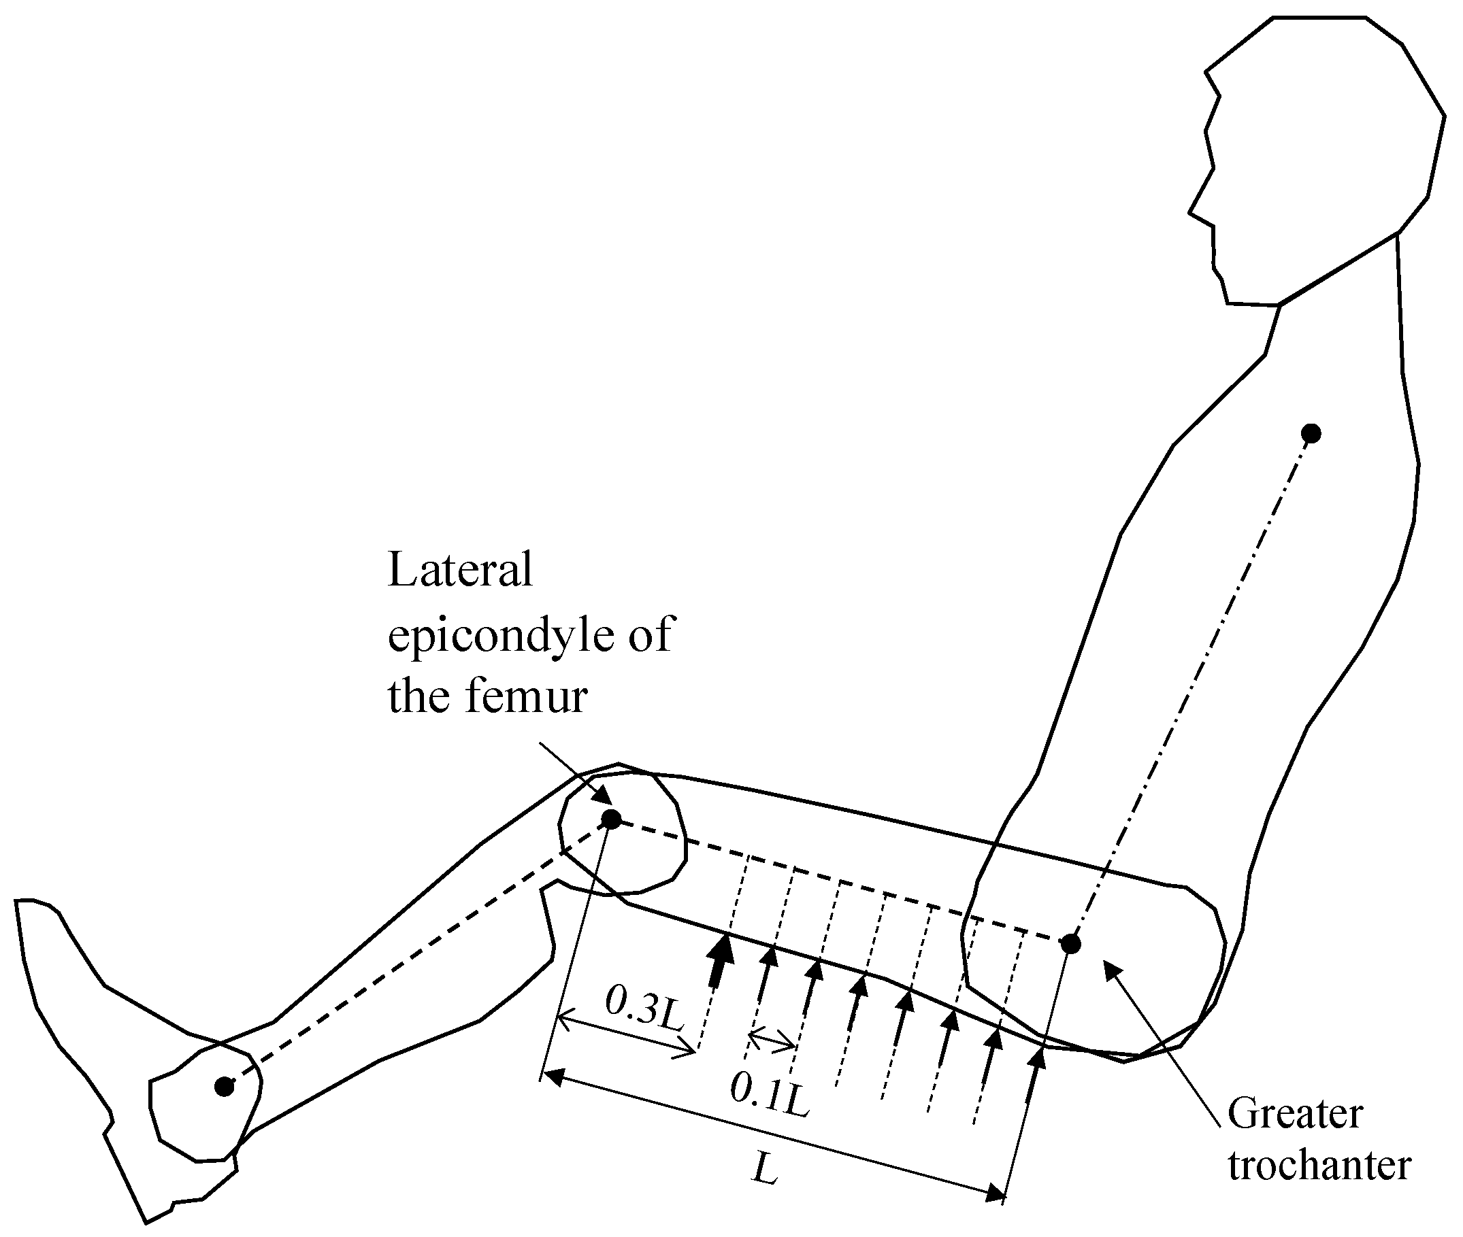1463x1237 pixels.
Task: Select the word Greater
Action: [x=1296, y=1114]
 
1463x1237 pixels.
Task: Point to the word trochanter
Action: [x=1319, y=1166]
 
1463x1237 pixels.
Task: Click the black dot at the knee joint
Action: [x=611, y=819]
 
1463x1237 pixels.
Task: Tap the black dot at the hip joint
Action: [x=1071, y=945]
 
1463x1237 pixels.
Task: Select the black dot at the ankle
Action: [x=224, y=1087]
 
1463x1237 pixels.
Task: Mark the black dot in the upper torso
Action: [x=1311, y=434]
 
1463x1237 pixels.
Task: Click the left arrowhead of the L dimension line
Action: [x=553, y=1075]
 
